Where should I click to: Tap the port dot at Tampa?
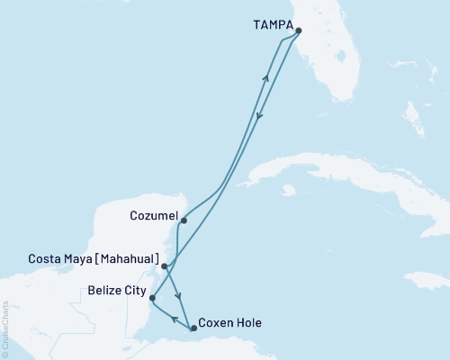tap(298, 30)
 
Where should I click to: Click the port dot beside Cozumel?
tap(184, 220)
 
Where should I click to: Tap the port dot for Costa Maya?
tap(164, 266)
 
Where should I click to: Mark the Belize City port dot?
tap(152, 298)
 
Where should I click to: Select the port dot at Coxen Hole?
tap(193, 328)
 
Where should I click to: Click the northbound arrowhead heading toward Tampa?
tap(265, 78)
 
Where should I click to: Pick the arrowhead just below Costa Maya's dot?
tap(179, 298)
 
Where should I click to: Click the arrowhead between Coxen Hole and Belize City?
tap(174, 319)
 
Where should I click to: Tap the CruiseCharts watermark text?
tap(6, 328)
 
